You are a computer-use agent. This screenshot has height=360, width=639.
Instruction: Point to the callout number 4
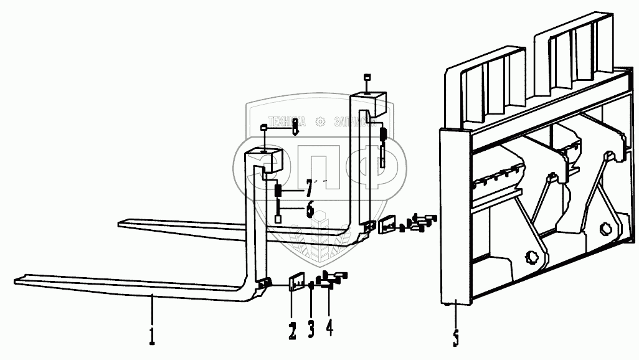click(x=329, y=327)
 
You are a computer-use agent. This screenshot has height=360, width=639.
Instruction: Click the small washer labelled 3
click(x=311, y=287)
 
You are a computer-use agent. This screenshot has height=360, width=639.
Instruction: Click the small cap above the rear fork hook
click(x=366, y=78)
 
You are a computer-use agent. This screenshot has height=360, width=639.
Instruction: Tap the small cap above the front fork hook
click(x=263, y=128)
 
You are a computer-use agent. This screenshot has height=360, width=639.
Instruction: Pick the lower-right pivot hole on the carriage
click(x=605, y=229)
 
